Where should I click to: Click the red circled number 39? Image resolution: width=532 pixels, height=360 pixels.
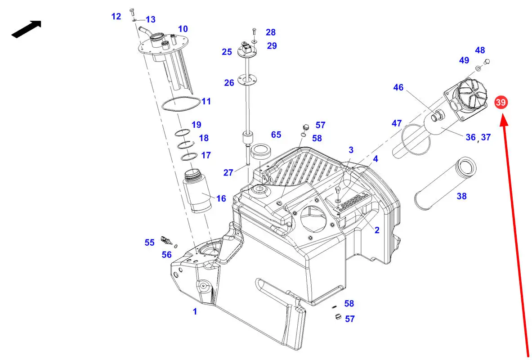pyautogui.click(x=501, y=102)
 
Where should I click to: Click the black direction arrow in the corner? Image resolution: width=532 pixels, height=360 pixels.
pyautogui.click(x=27, y=29)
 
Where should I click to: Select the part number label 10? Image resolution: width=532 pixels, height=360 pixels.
pyautogui.click(x=183, y=29)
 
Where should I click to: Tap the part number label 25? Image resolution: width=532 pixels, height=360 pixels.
pyautogui.click(x=227, y=52)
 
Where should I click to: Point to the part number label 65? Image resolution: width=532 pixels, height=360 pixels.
pyautogui.click(x=276, y=135)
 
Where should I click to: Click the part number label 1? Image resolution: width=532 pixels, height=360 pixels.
pyautogui.click(x=195, y=311)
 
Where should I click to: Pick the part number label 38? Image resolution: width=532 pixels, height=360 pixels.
pyautogui.click(x=461, y=196)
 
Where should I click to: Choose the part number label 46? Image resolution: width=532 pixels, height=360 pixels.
pyautogui.click(x=398, y=87)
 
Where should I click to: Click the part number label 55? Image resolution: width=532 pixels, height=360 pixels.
pyautogui.click(x=150, y=243)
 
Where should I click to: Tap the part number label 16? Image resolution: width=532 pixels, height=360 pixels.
pyautogui.click(x=221, y=198)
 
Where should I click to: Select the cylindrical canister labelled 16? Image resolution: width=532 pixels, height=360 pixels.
pyautogui.click(x=197, y=192)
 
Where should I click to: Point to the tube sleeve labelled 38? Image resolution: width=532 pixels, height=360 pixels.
pyautogui.click(x=446, y=184)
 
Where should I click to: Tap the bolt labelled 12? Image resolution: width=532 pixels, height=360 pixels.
pyautogui.click(x=132, y=13)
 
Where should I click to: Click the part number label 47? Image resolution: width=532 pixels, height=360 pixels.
pyautogui.click(x=397, y=123)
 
